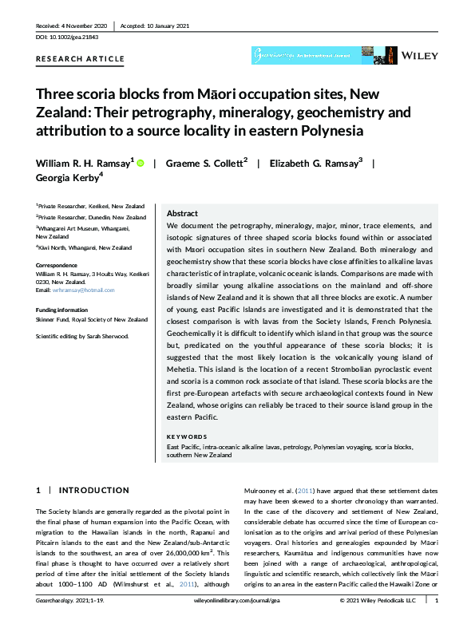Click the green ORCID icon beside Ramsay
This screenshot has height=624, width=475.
coord(142,163)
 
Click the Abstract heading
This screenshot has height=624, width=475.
coord(183,214)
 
